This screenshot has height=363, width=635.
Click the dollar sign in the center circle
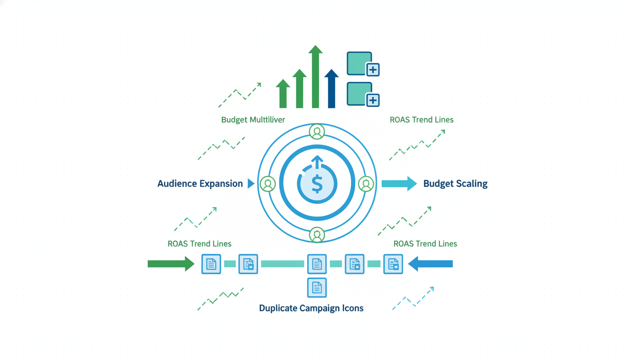(317, 184)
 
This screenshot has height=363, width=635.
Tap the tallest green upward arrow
(315, 78)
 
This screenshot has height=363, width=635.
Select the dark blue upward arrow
(332, 89)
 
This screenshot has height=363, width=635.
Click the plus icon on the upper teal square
(373, 70)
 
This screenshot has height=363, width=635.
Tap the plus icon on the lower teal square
(373, 100)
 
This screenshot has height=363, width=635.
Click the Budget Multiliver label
(253, 120)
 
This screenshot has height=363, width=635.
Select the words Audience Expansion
(200, 183)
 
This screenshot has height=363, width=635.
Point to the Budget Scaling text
(455, 183)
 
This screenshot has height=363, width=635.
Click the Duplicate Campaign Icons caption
(311, 308)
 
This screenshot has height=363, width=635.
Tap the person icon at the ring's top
(317, 132)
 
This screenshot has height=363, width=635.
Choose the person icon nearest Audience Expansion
(268, 184)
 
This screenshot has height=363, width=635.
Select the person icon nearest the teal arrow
(366, 184)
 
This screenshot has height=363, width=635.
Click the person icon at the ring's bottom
(317, 235)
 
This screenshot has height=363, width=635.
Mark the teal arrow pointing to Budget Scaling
(399, 183)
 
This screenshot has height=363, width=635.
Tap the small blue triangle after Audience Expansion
(251, 183)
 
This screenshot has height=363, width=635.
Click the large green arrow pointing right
(171, 264)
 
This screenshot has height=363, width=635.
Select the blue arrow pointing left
(430, 264)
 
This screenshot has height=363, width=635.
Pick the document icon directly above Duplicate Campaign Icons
(317, 287)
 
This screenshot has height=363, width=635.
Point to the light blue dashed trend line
(413, 299)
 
